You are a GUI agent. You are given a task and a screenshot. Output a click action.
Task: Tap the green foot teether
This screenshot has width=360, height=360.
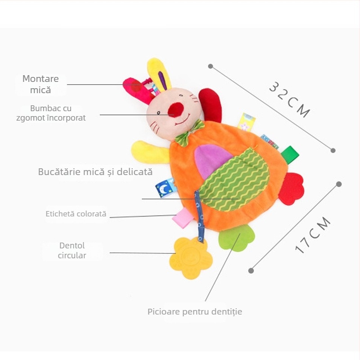[x=236, y=238]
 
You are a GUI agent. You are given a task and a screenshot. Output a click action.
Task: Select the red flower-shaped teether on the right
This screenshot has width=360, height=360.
[x=291, y=189]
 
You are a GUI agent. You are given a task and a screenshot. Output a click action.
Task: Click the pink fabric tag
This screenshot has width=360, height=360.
[x=184, y=218]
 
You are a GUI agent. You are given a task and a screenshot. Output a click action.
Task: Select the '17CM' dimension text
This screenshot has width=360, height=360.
[x=313, y=235]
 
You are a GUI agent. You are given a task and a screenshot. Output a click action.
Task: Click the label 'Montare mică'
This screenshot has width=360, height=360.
[x=40, y=84]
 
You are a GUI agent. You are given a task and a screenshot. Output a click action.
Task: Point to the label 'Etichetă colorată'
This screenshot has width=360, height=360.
[x=76, y=214]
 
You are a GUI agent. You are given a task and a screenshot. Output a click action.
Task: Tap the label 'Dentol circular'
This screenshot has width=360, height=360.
[x=72, y=251]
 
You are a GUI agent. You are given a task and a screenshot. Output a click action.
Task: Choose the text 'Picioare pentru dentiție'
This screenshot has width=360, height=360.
[x=195, y=311]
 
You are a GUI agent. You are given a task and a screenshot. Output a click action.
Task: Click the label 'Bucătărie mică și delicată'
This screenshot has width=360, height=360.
[x=95, y=172]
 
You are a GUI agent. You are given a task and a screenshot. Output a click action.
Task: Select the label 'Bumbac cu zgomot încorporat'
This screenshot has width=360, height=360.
[x=58, y=113]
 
